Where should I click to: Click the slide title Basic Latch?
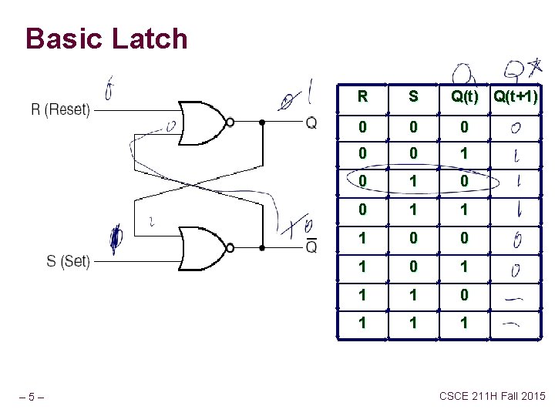(x=106, y=39)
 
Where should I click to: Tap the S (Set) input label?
(x=68, y=261)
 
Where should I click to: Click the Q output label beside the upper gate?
(x=311, y=122)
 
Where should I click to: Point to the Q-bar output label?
(x=311, y=247)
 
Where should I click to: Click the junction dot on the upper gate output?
(x=263, y=122)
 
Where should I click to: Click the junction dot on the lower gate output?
(x=263, y=248)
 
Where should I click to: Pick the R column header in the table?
(x=362, y=96)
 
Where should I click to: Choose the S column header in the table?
(x=413, y=96)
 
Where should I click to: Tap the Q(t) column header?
(x=464, y=96)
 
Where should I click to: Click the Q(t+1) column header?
(x=516, y=96)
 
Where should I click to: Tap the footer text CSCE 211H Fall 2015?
(x=492, y=396)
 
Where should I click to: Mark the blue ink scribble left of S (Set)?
(x=115, y=240)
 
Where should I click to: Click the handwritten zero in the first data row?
(x=514, y=128)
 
